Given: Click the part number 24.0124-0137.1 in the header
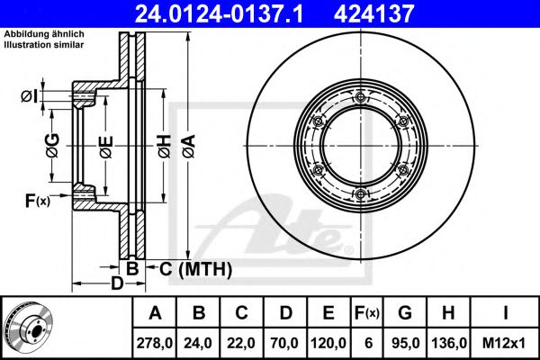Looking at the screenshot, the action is pyautogui.click(x=219, y=13).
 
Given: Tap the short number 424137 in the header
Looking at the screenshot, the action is pyautogui.click(x=373, y=13).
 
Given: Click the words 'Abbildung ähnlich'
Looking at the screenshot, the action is pyautogui.click(x=44, y=34).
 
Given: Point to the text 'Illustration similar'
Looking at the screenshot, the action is pyautogui.click(x=44, y=44).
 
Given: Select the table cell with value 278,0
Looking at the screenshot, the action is pyautogui.click(x=154, y=343).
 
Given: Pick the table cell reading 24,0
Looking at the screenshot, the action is pyautogui.click(x=198, y=343).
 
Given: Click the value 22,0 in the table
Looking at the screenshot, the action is pyautogui.click(x=241, y=343).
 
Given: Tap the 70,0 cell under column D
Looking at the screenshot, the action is pyautogui.click(x=284, y=343).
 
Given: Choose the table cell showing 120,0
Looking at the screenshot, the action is pyautogui.click(x=328, y=343).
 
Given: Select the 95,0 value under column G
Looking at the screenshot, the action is pyautogui.click(x=405, y=343).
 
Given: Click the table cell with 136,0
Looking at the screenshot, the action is pyautogui.click(x=448, y=343).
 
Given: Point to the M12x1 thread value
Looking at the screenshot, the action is pyautogui.click(x=504, y=343).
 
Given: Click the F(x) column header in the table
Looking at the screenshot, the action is pyautogui.click(x=367, y=313).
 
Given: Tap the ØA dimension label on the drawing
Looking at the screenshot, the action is pyautogui.click(x=189, y=146).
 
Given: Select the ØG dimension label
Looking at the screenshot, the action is pyautogui.click(x=53, y=146).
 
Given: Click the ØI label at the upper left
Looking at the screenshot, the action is pyautogui.click(x=30, y=96).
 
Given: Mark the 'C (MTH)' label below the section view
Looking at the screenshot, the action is pyautogui.click(x=196, y=269).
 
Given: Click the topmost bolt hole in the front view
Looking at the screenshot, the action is pyautogui.click(x=361, y=97).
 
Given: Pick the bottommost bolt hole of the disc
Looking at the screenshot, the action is pyautogui.click(x=361, y=194).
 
